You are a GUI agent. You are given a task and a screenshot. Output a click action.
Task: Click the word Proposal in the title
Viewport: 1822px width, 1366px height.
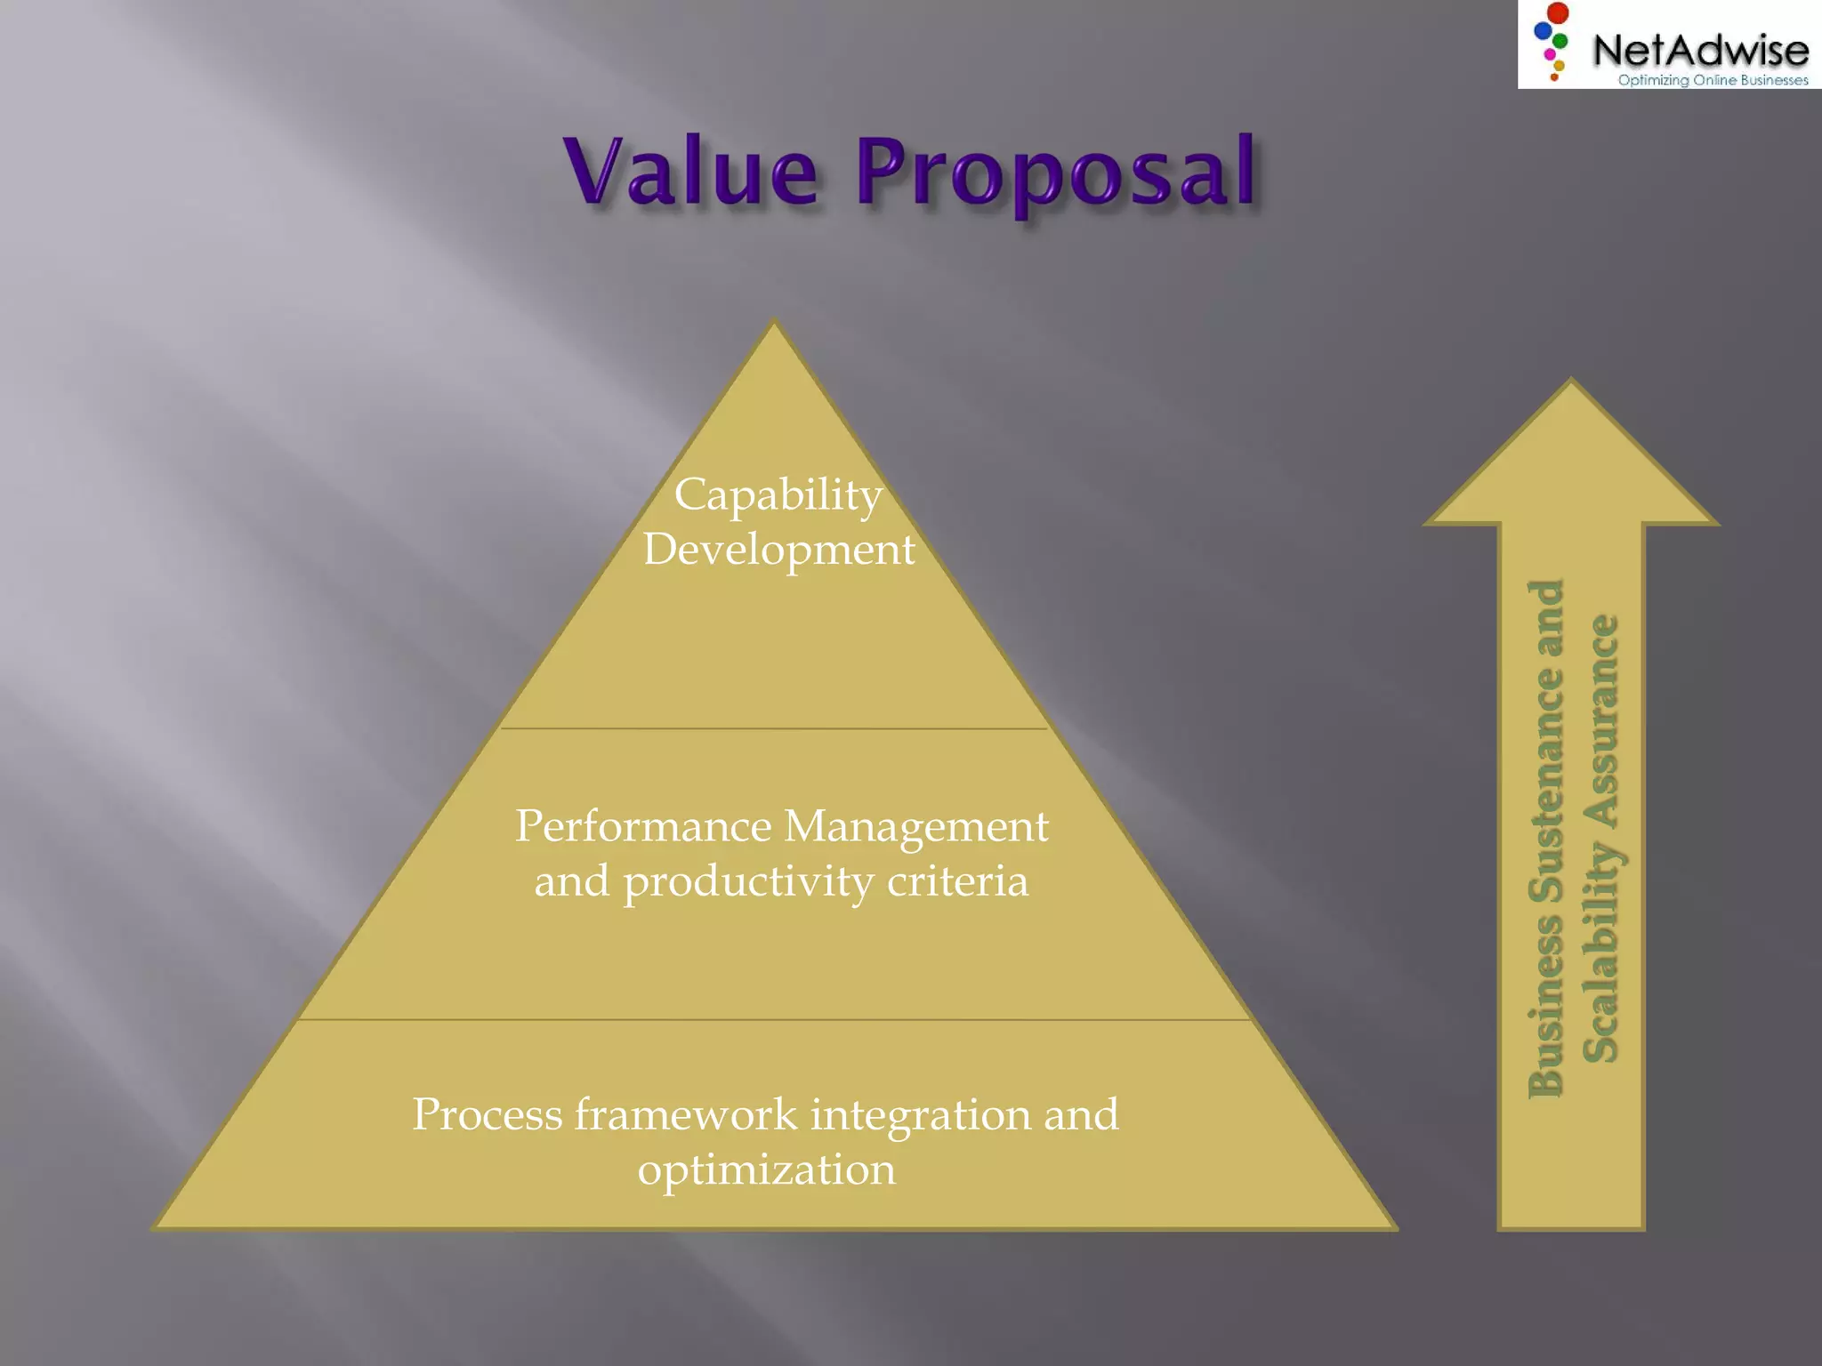point(1056,173)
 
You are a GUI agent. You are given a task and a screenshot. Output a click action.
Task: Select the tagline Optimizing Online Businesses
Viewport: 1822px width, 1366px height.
point(1713,80)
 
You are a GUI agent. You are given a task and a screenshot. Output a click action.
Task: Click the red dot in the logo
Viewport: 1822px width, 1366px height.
point(1558,13)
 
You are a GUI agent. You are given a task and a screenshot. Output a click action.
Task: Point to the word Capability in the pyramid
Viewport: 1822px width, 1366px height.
point(778,494)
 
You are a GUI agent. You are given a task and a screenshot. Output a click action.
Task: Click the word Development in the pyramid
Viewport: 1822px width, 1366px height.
point(779,550)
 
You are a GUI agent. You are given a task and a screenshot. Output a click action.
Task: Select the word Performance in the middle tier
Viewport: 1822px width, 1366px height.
point(643,826)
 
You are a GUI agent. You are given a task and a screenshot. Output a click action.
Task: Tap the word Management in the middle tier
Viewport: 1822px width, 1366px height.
point(916,827)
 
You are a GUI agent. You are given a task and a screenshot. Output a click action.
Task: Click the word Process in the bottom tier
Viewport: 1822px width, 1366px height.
point(488,1114)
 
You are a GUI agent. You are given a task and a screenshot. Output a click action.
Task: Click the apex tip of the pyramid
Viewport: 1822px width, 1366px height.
point(774,322)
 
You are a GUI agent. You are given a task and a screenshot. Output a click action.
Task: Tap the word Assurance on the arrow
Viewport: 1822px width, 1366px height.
point(1601,715)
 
